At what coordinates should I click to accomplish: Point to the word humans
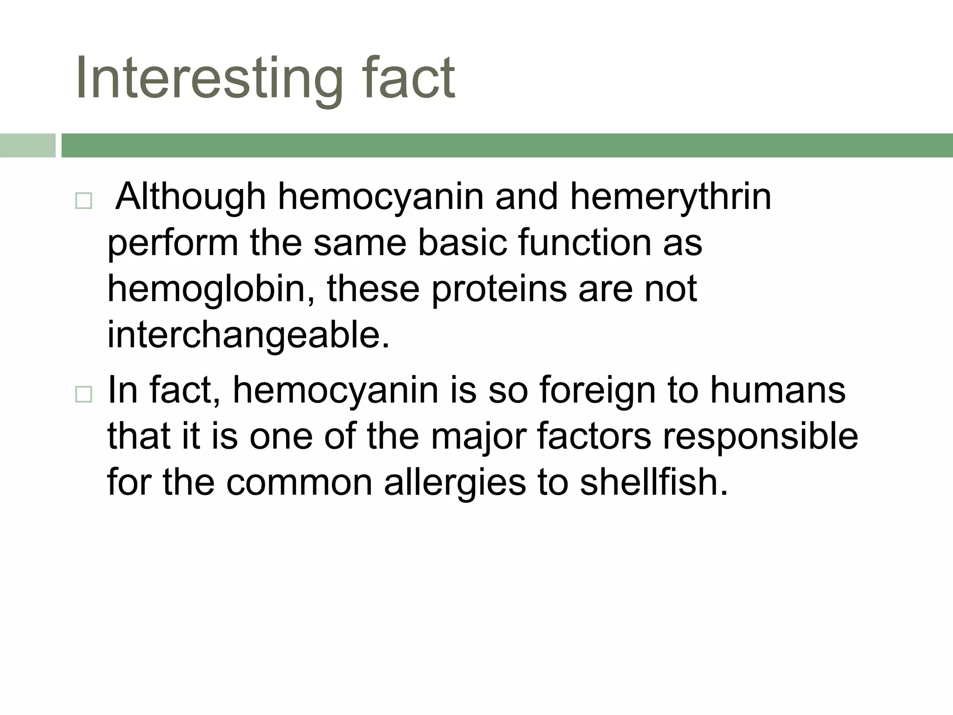[x=778, y=390]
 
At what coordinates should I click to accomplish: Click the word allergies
[x=455, y=483]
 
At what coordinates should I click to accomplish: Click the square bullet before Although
[x=83, y=201]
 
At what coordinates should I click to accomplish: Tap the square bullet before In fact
[x=83, y=395]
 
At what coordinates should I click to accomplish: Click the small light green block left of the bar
[x=27, y=145]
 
